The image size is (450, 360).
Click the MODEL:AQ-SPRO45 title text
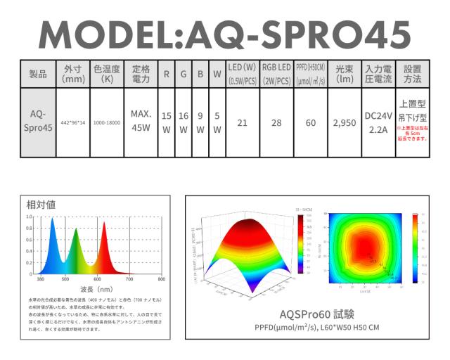[224, 33]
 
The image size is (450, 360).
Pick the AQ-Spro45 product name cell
[38, 122]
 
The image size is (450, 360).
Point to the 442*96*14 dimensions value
[72, 122]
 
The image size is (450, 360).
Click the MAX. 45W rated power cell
[141, 122]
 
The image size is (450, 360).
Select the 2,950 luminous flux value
[345, 122]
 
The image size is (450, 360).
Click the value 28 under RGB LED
[276, 122]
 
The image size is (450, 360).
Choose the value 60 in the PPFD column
[311, 122]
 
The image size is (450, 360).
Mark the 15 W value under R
[167, 122]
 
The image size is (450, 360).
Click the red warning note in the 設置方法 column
[412, 134]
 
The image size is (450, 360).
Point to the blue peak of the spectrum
[51, 220]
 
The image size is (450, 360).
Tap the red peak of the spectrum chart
[104, 224]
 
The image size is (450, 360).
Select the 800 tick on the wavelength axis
[162, 279]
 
